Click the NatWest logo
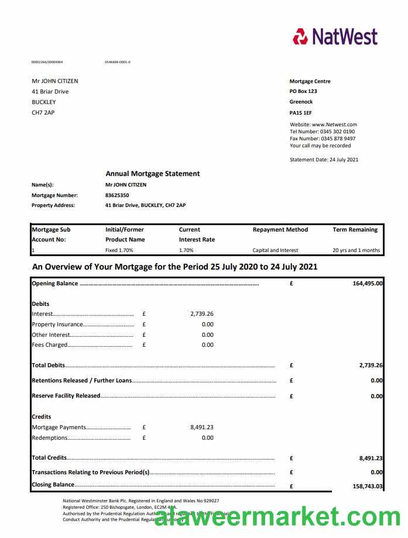(335, 36)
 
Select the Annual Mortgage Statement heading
(152, 174)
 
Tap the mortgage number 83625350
(117, 195)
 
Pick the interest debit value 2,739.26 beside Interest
(201, 314)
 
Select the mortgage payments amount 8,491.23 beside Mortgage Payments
(201, 427)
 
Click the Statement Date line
(324, 160)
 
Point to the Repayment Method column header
(280, 230)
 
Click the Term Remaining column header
(355, 230)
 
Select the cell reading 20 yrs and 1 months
(356, 250)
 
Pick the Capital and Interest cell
(275, 250)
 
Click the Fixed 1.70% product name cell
(119, 250)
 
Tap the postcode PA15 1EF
(300, 112)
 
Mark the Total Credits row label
(49, 458)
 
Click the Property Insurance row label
(57, 325)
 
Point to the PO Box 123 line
(303, 92)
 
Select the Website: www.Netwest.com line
(323, 125)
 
